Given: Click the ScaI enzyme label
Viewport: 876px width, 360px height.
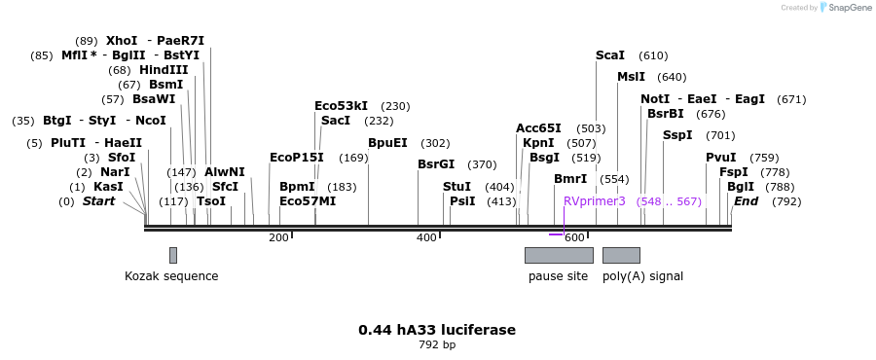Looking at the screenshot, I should point(610,55).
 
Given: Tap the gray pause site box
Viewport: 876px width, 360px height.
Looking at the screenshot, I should point(559,255).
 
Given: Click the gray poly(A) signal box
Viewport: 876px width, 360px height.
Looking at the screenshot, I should point(621,255).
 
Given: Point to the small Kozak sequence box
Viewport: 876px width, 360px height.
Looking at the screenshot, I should point(173,255).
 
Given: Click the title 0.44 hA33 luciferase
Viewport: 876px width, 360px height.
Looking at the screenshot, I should point(437,330).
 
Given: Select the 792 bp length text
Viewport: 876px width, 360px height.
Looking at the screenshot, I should point(437,344).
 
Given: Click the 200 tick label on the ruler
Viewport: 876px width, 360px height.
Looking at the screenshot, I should point(278,237).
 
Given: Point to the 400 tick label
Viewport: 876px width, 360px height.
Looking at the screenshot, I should point(426,237).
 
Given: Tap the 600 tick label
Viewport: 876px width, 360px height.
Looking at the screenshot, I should point(574,237).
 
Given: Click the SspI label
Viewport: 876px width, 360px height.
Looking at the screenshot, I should point(677,135).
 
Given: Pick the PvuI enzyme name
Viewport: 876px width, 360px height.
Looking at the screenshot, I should point(721,158).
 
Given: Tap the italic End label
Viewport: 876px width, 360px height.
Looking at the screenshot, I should point(746,201).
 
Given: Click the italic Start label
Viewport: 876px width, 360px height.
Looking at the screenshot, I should point(98,201).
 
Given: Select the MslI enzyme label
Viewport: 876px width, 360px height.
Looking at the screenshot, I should point(631,77).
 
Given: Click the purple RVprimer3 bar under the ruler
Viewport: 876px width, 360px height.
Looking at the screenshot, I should point(556,234).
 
